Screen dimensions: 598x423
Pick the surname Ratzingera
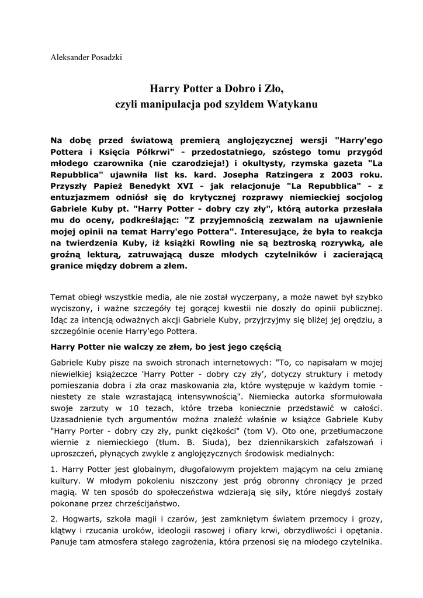271,175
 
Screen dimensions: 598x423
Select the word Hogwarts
85,520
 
